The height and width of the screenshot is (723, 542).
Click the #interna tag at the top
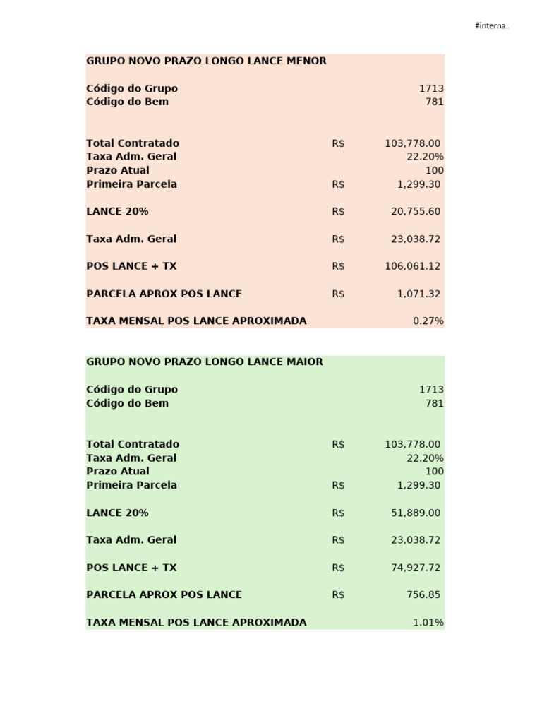pos(492,26)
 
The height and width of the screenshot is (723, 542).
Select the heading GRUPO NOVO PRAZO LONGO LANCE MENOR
pos(206,61)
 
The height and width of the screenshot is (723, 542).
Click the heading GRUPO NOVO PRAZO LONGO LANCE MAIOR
pos(205,361)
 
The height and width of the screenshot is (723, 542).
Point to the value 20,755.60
pos(416,211)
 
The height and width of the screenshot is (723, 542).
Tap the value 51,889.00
pos(416,513)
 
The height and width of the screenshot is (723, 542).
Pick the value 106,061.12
pos(413,266)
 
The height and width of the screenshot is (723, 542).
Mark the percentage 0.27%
pos(428,321)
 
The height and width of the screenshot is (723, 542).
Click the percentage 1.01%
pos(428,623)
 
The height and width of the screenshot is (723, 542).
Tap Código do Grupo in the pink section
pos(132,88)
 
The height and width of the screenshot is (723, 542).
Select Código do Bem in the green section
pos(128,403)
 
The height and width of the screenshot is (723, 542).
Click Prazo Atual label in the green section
pos(118,471)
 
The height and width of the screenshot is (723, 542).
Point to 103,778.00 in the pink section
pos(413,143)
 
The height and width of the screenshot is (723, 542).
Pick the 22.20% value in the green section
pos(426,458)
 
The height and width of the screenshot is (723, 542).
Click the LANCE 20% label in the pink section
pos(117,211)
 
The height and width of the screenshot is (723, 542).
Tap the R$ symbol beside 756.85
pos(338,594)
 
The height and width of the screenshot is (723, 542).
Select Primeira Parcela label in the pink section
pos(132,184)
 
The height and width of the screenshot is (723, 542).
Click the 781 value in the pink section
pos(435,102)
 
